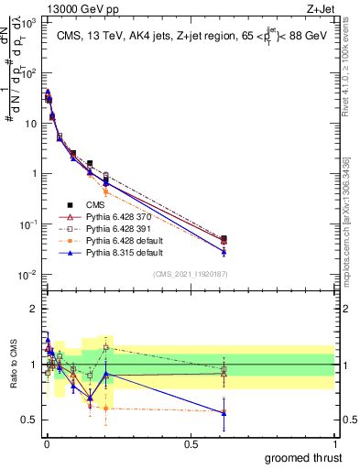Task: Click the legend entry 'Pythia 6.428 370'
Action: pyautogui.click(x=122, y=217)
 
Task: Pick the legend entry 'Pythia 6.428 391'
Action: pyautogui.click(x=122, y=229)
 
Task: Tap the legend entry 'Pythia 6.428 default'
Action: pyautogui.click(x=127, y=241)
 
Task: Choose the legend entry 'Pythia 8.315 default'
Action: pyautogui.click(x=127, y=253)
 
